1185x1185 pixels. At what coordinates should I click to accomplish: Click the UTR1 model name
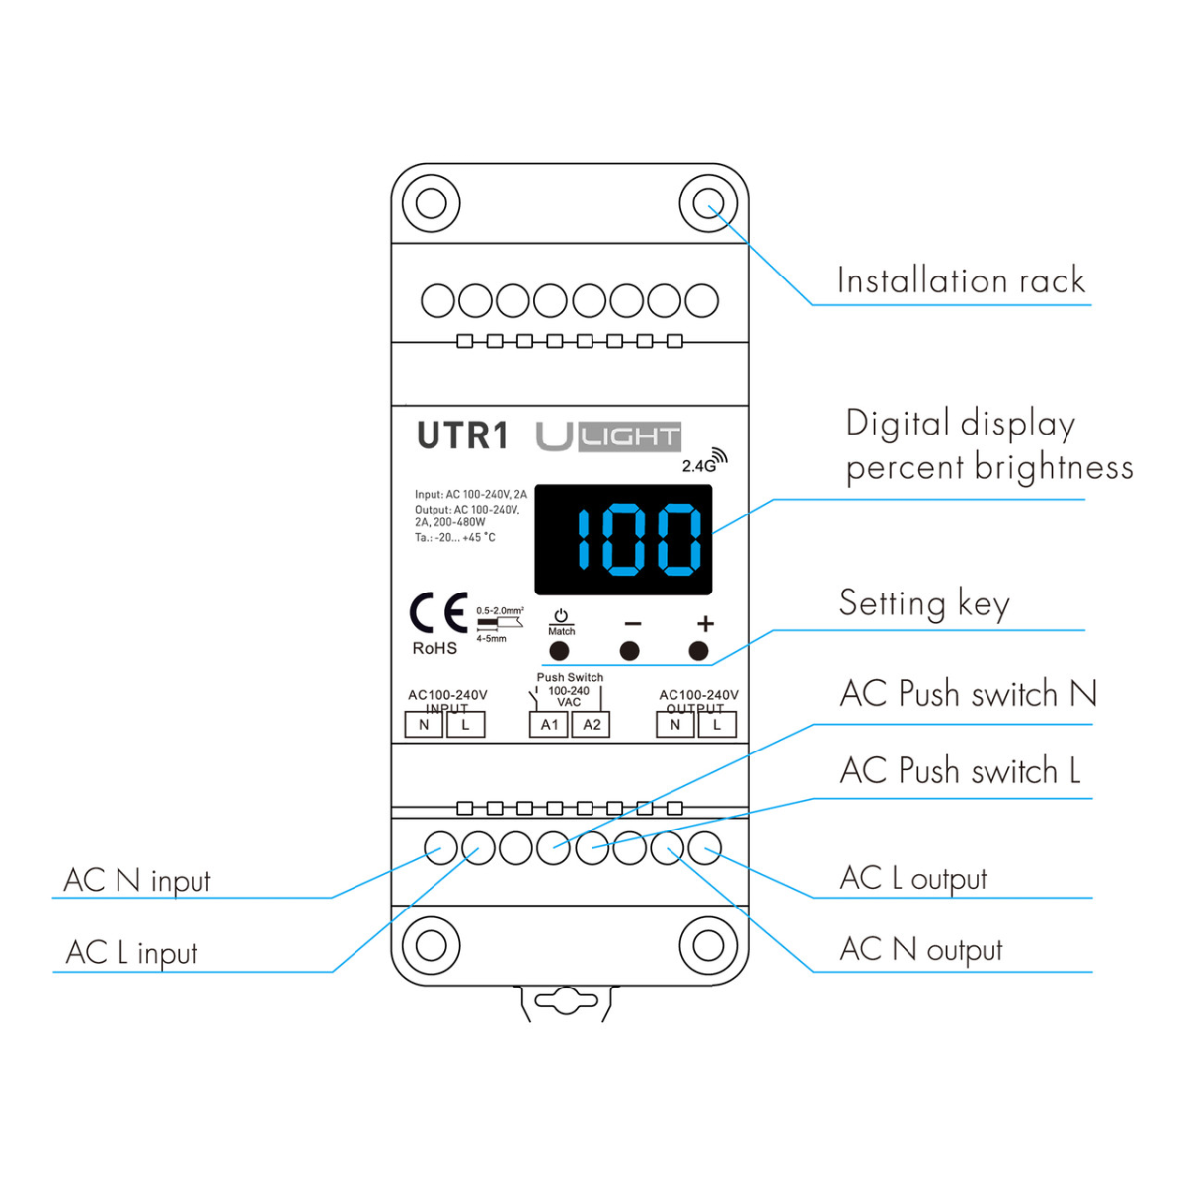click(462, 435)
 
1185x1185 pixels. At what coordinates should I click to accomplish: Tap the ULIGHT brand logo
click(608, 435)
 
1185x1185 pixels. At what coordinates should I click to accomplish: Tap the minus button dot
click(629, 651)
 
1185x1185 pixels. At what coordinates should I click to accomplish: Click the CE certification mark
click(438, 614)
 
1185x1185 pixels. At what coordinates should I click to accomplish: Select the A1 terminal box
click(549, 725)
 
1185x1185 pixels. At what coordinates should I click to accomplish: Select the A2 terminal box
click(592, 725)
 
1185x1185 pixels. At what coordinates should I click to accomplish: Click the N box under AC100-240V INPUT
click(424, 725)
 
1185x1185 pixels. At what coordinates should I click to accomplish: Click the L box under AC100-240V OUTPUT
click(717, 725)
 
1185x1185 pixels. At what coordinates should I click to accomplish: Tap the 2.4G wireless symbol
click(704, 462)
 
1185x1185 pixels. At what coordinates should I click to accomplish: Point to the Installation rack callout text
click(961, 280)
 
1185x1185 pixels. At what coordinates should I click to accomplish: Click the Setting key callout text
click(924, 603)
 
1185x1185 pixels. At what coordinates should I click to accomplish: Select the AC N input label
click(137, 880)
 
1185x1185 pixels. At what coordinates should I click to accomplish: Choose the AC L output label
click(913, 878)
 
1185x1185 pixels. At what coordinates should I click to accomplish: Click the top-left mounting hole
click(431, 203)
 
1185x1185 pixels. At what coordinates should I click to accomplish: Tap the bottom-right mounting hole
click(708, 945)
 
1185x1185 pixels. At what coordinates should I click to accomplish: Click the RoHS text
click(434, 649)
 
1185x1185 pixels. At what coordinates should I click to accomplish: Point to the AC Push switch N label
click(968, 694)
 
